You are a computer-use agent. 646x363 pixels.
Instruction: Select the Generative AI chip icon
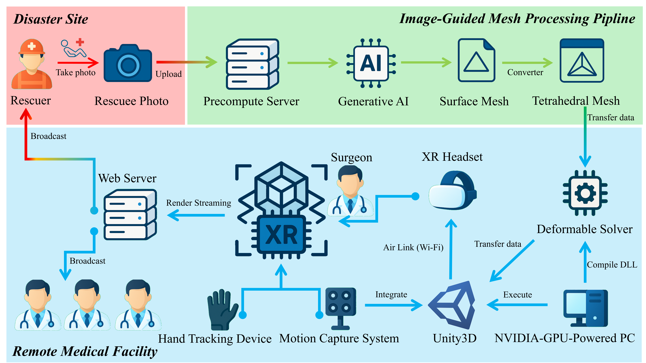pos(371,63)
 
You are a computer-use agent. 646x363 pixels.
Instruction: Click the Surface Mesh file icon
pos(476,60)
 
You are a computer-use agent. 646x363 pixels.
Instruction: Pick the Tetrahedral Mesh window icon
pos(582,60)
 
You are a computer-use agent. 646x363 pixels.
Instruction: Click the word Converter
pos(525,72)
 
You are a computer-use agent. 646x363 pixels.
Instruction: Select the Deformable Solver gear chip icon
pos(585,193)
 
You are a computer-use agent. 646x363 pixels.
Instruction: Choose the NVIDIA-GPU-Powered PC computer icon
pos(585,308)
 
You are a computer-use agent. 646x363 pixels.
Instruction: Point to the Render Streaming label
pos(199,203)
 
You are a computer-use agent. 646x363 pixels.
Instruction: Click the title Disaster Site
pos(51,19)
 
